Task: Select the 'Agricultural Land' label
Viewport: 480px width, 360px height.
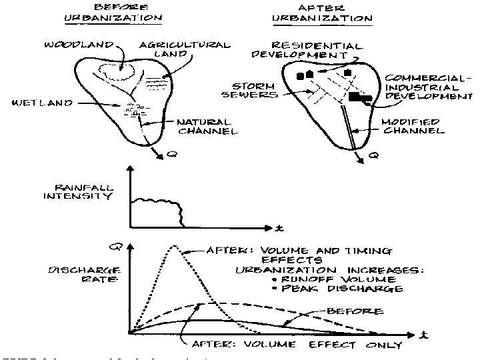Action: point(185,49)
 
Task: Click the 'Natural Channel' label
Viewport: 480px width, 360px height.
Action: point(207,127)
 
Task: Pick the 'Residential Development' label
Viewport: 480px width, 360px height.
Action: point(307,50)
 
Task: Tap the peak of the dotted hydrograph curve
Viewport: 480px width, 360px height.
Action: point(174,247)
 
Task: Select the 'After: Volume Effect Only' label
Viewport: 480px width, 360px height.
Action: point(297,345)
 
